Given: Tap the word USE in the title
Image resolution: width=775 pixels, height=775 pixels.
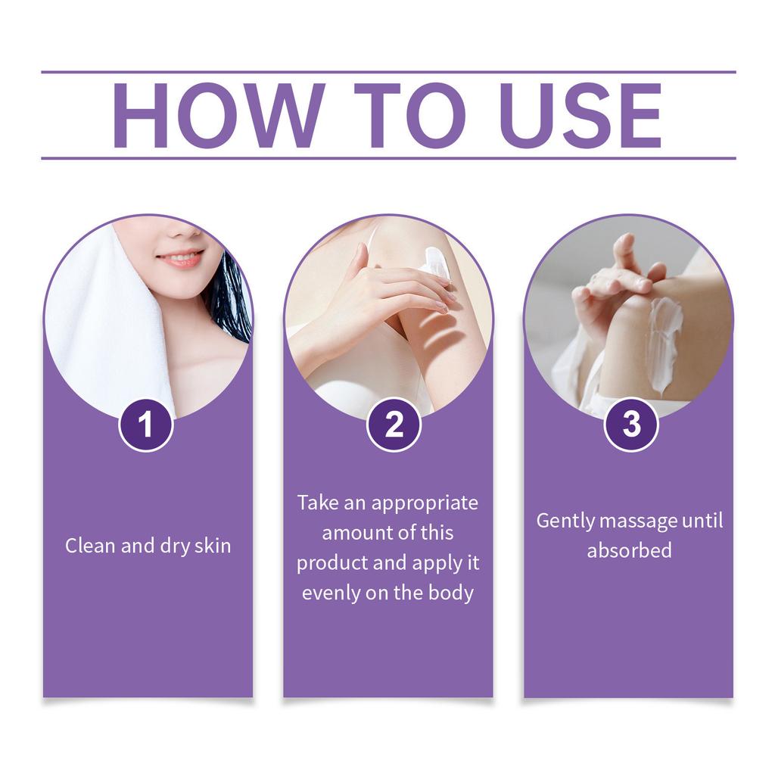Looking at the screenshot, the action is (x=580, y=115).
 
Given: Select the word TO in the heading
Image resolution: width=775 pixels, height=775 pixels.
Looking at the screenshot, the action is (x=410, y=115).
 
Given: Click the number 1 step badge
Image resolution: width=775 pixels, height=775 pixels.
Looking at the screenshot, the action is (x=146, y=425).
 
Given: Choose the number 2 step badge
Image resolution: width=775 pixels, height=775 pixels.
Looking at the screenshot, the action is (x=394, y=425).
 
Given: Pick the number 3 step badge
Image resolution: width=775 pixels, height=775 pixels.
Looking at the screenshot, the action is (x=631, y=424).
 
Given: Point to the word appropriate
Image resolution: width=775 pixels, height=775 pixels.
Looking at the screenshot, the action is (x=425, y=503).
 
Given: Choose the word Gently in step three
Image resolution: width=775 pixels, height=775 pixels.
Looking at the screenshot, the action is (x=565, y=521).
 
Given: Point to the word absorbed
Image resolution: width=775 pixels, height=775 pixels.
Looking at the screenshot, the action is (x=629, y=550).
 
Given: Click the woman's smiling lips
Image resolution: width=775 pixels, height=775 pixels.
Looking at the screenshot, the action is (x=180, y=259).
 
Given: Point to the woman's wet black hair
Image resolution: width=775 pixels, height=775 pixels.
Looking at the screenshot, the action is (x=230, y=300).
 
